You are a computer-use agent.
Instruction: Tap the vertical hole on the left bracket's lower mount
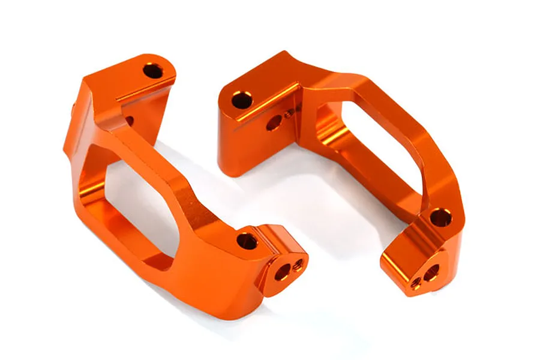(x=247, y=241)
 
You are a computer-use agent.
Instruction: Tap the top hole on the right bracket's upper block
(x=242, y=100)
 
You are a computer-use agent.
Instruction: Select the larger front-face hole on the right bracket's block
(x=273, y=123)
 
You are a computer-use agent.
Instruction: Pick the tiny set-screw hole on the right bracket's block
(x=289, y=112)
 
